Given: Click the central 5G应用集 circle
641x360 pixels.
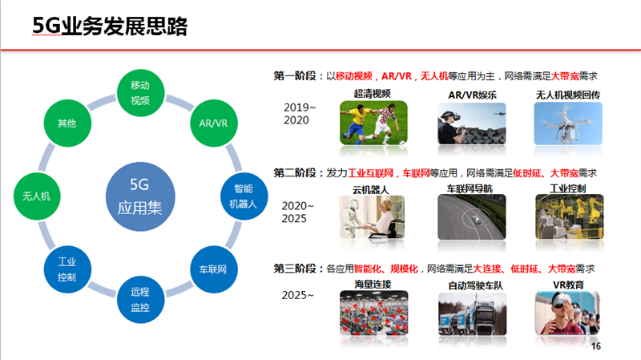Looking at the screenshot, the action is (140, 196).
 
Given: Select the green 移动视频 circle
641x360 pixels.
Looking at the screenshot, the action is (141, 93).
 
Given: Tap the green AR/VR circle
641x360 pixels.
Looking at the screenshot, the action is (214, 123).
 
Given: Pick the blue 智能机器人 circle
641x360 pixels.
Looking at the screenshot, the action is (244, 196).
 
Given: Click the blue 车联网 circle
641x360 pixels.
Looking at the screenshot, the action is (214, 269).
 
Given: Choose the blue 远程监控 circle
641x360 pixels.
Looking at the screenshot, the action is (141, 299).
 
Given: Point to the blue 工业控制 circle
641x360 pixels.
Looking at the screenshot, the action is (67, 269).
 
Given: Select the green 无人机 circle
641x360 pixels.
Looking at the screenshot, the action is (37, 196).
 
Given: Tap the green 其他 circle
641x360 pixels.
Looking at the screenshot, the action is (67, 123).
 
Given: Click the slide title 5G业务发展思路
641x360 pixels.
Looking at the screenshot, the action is (110, 26).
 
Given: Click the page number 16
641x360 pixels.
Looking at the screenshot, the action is (595, 346).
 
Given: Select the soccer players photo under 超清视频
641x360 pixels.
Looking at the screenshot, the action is (373, 123).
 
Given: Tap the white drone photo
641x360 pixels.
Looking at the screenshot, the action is (568, 123).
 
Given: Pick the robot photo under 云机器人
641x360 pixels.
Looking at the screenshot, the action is (372, 216).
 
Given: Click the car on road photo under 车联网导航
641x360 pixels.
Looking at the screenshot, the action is (471, 216).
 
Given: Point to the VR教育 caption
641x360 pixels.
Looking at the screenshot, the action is (568, 285).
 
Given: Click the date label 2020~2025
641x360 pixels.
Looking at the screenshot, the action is (297, 212).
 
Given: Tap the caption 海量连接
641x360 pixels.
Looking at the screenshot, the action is (373, 284).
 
